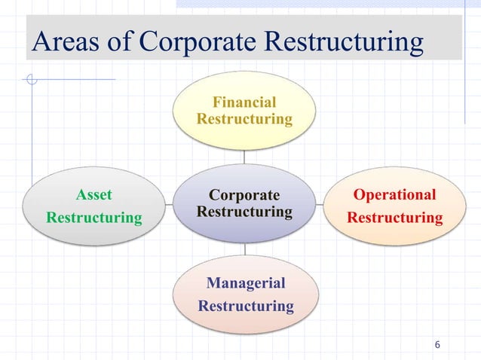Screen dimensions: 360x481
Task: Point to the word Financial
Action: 244,102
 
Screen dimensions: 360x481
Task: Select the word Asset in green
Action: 94,195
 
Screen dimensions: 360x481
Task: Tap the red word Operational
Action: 394,195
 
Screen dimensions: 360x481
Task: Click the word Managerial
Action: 246,283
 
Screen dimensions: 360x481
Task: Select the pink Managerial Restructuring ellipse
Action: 246,320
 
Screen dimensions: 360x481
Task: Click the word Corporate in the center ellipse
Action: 244,196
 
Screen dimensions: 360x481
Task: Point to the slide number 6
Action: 437,345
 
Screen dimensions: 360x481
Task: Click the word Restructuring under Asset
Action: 94,218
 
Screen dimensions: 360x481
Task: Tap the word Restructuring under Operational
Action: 394,218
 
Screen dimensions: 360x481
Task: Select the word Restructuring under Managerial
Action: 246,306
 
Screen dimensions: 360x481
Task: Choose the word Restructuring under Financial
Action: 244,119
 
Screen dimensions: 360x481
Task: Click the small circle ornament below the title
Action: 31,79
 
